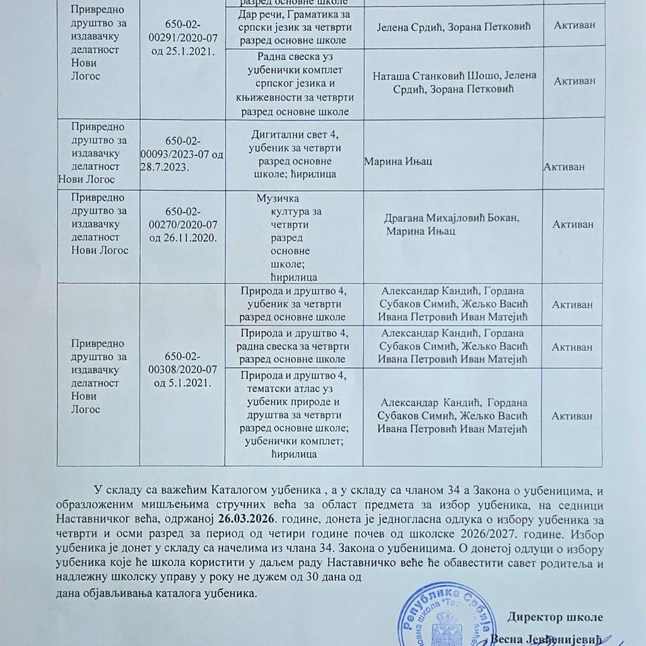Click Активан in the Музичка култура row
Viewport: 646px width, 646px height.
(x=572, y=224)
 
